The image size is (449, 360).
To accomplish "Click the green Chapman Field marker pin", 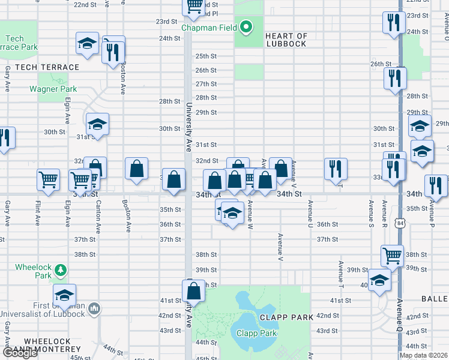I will tap(246, 26).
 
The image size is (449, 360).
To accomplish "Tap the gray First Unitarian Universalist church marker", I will tap(94, 308).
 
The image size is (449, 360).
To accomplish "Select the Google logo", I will tap(20, 353).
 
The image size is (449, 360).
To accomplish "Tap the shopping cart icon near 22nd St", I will tap(194, 6).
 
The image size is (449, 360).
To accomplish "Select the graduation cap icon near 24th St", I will tap(87, 43).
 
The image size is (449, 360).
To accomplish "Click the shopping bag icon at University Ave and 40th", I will tap(194, 292).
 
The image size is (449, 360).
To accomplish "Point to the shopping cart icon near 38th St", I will tap(392, 255).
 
